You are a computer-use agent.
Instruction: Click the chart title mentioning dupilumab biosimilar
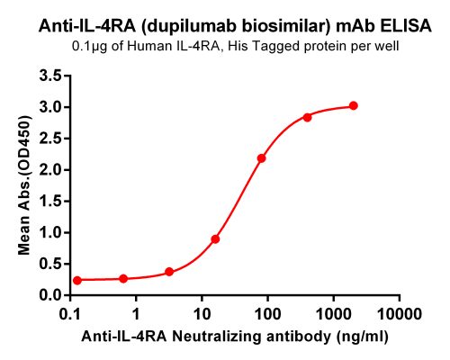coord(225,27)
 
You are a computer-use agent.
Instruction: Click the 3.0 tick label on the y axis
coord(49,107)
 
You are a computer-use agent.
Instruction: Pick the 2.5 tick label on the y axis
coord(49,139)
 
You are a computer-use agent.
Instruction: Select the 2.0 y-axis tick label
coord(49,170)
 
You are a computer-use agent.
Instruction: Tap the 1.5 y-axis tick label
coord(49,202)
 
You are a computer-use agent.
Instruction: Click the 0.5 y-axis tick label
coord(49,264)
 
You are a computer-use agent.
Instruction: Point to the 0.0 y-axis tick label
coord(49,295)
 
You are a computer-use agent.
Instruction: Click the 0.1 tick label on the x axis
coord(69,314)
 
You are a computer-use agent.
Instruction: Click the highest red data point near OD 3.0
coord(353,105)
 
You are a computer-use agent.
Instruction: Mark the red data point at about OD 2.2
coord(261,158)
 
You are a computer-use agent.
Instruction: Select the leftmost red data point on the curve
coord(77,280)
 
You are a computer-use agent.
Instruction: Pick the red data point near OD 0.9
coord(215,239)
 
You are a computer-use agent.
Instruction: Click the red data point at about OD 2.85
coord(307,117)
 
